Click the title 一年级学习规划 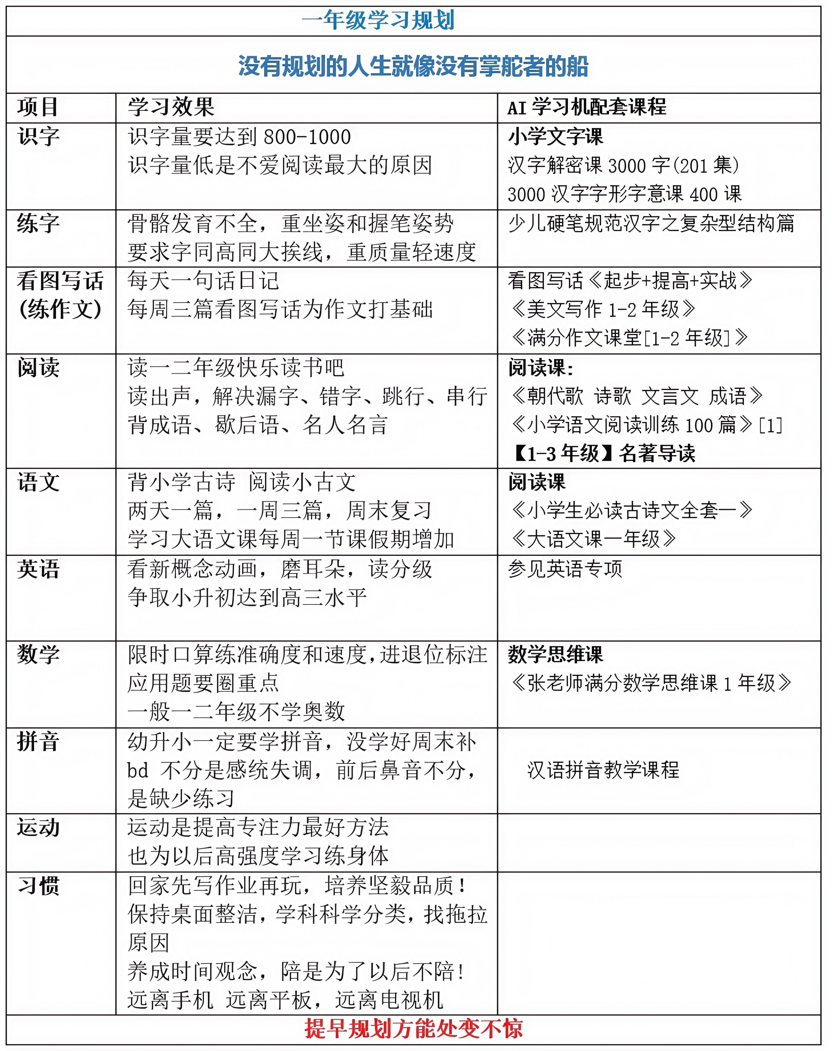(378, 21)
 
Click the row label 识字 (39, 136)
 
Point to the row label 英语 (39, 569)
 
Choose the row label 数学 (39, 654)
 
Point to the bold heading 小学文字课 (555, 136)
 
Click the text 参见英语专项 (565, 569)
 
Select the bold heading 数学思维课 (555, 654)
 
